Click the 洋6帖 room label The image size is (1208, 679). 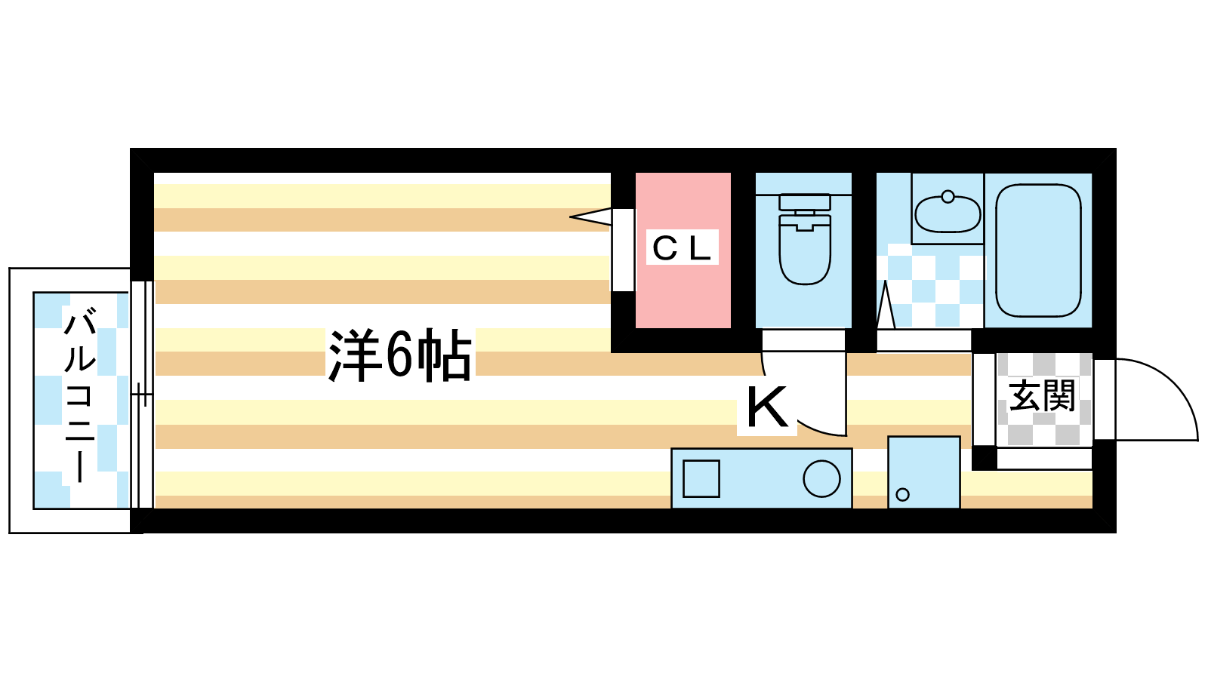tap(400, 355)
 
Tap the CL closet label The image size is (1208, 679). tap(682, 247)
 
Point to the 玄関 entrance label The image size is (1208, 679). tap(1042, 396)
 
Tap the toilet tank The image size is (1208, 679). tap(805, 202)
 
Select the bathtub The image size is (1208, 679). tap(1038, 250)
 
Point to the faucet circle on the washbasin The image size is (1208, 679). tap(948, 197)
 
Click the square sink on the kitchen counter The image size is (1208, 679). tap(701, 478)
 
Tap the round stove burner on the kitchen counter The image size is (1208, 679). tap(821, 478)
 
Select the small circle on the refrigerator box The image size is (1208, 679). tap(902, 494)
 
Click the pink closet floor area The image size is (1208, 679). tap(683, 250)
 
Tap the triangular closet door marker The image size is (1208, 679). tap(590, 217)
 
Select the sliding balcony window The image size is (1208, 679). tap(142, 395)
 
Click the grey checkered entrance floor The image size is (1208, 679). tap(1044, 399)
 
